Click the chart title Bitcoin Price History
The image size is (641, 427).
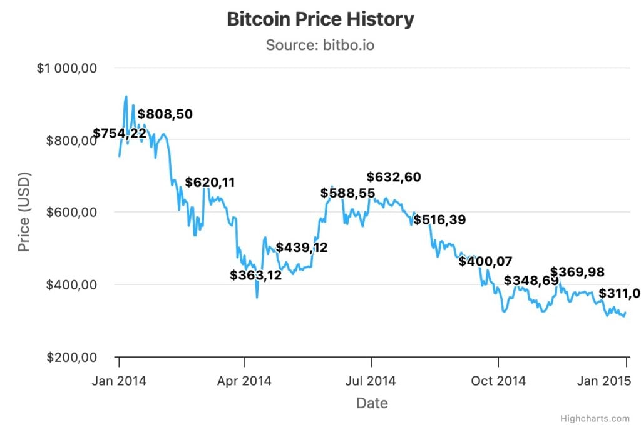(x=320, y=19)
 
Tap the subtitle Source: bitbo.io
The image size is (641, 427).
(x=320, y=45)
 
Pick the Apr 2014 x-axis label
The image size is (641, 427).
(x=245, y=381)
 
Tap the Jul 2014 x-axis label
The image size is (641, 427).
(x=371, y=381)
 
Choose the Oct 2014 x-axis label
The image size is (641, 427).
(x=498, y=381)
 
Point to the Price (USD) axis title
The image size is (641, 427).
(x=24, y=212)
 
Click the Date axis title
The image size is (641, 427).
(x=372, y=403)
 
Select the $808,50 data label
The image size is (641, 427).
(x=165, y=114)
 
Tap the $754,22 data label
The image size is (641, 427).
(x=120, y=133)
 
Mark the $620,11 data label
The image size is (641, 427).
(x=210, y=183)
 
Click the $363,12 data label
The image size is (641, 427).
(x=255, y=274)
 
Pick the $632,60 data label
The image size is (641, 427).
(x=394, y=177)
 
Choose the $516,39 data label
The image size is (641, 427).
(x=439, y=220)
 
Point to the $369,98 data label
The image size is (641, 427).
(x=577, y=271)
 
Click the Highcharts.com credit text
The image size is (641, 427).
(x=595, y=418)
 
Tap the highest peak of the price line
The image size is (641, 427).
(x=126, y=96)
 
